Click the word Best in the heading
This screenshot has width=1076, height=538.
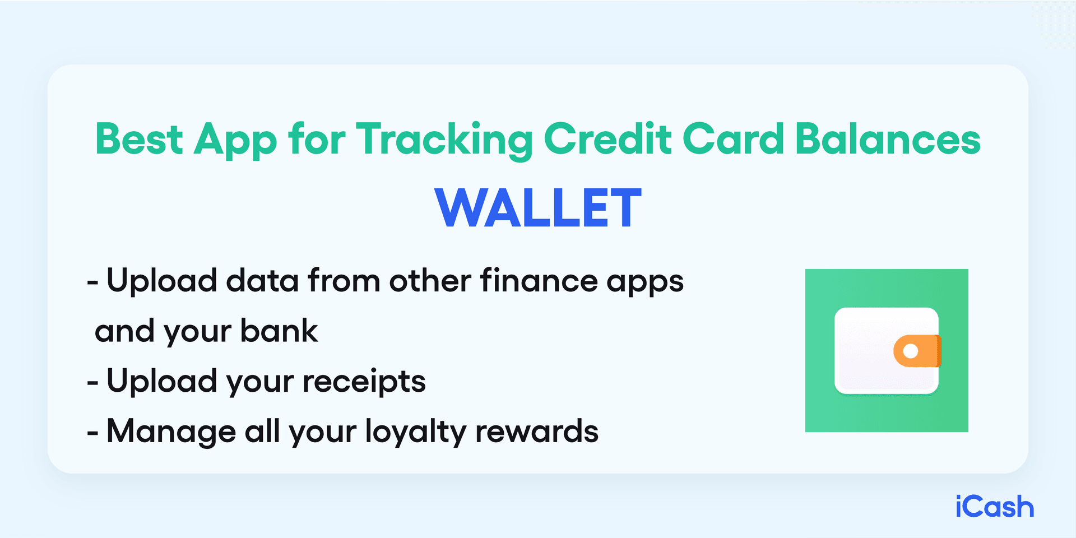point(138,139)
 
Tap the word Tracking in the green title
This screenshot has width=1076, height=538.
point(444,140)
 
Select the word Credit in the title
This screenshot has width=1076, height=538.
point(607,139)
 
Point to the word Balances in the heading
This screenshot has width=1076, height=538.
point(888,139)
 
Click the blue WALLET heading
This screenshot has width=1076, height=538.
point(538,208)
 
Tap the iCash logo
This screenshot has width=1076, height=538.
point(994,507)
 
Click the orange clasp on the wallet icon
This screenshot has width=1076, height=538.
point(917,351)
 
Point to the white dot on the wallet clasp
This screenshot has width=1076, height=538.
point(911,351)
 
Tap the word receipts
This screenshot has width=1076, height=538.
point(364,382)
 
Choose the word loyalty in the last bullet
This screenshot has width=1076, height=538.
point(415,432)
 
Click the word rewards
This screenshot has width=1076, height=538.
point(536,432)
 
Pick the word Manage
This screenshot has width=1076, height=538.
point(171,432)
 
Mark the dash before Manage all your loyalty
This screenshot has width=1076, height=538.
point(92,434)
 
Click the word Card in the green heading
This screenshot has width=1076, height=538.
point(733,139)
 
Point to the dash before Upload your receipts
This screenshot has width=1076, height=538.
point(92,383)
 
